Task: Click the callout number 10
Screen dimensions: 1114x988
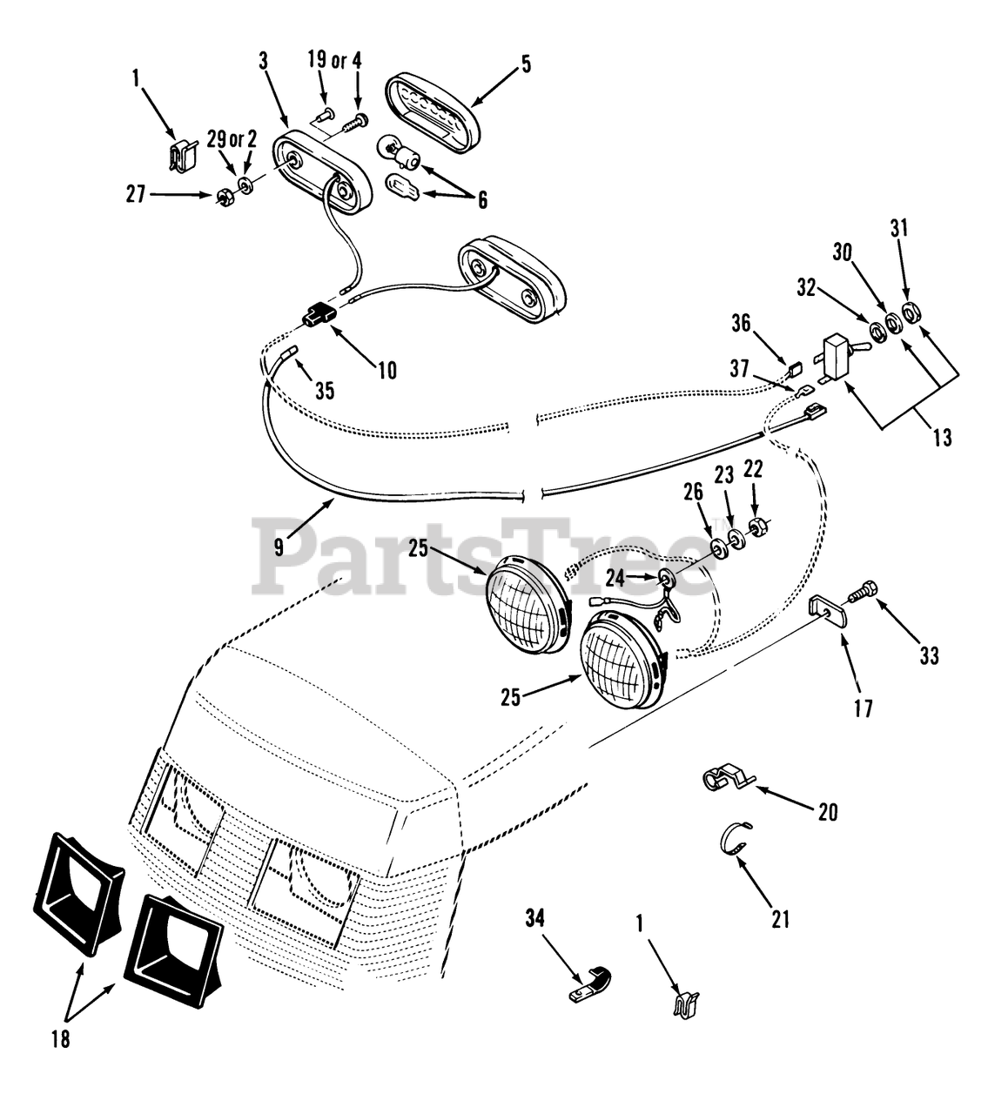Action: [387, 370]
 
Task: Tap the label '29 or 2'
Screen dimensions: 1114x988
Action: [232, 138]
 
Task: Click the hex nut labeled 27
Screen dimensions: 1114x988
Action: [225, 192]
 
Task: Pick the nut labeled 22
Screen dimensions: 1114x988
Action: [758, 526]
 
